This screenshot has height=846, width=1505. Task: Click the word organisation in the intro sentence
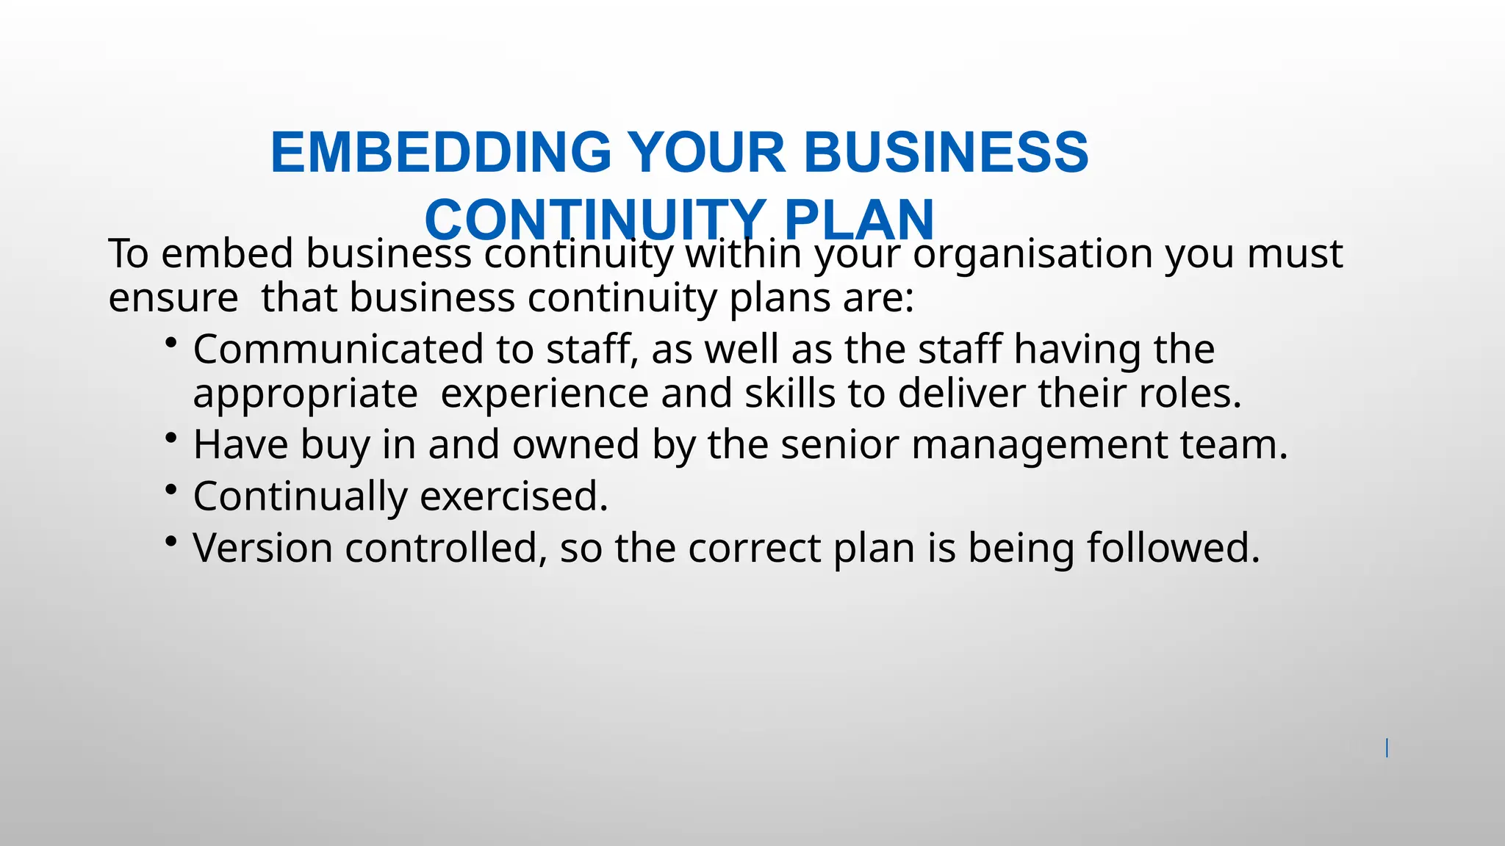point(1033,253)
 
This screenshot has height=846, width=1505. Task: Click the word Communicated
point(338,349)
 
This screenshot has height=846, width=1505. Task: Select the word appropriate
point(305,394)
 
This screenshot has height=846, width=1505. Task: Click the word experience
point(545,393)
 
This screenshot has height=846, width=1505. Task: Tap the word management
point(1039,446)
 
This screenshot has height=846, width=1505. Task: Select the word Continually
point(300,496)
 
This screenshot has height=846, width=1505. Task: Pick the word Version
point(262,548)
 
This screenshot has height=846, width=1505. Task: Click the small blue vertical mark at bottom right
point(1387,748)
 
